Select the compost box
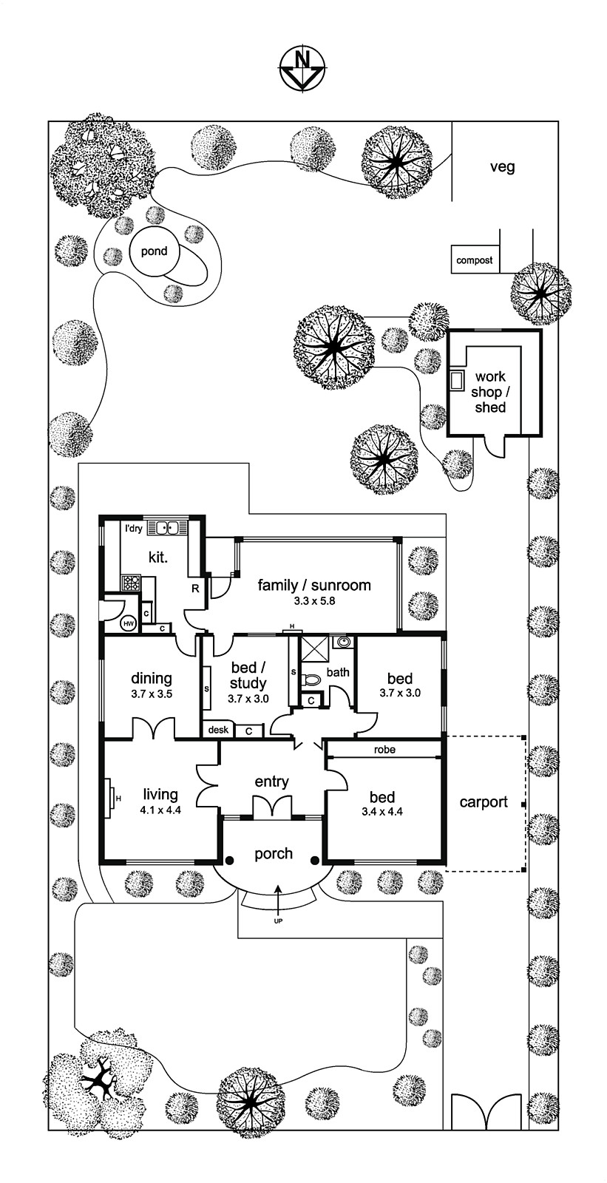tap(475, 260)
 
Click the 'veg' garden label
tap(502, 167)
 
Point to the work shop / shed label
tap(489, 392)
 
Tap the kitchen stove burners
tap(131, 582)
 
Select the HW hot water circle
tap(129, 624)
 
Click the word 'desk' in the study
tap(218, 730)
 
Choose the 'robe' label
tap(384, 750)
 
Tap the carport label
tap(484, 801)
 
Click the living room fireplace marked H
tap(109, 797)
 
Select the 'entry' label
tap(271, 782)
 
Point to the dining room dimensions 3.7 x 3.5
tap(152, 695)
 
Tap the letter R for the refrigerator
tap(195, 589)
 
